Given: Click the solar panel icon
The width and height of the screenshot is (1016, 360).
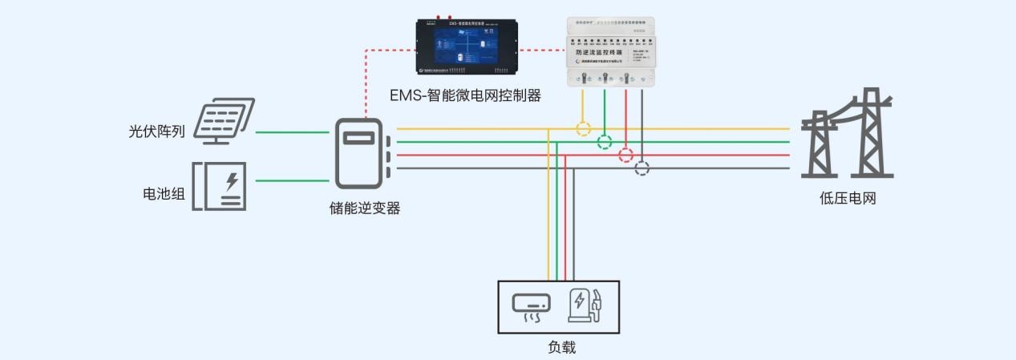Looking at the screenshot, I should (x=224, y=120).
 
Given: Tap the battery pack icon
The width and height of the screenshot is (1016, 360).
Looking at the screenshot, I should (x=219, y=186).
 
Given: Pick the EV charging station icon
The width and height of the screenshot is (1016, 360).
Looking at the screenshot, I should (x=585, y=305).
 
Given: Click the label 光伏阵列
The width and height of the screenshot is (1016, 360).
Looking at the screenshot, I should (x=157, y=131).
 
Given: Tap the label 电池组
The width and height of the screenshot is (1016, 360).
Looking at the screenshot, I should (x=164, y=193).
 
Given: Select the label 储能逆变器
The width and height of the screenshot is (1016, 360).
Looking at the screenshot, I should (x=365, y=208).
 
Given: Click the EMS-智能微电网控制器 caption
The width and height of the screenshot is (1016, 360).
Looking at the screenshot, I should (x=465, y=96).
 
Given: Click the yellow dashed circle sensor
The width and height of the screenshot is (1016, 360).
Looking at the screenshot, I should (x=583, y=128).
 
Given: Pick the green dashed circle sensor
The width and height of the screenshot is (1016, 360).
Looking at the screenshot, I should (x=605, y=142).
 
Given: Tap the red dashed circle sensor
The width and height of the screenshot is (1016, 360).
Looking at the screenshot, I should (x=626, y=156).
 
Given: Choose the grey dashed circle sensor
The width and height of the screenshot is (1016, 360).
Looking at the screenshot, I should (x=642, y=168).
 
